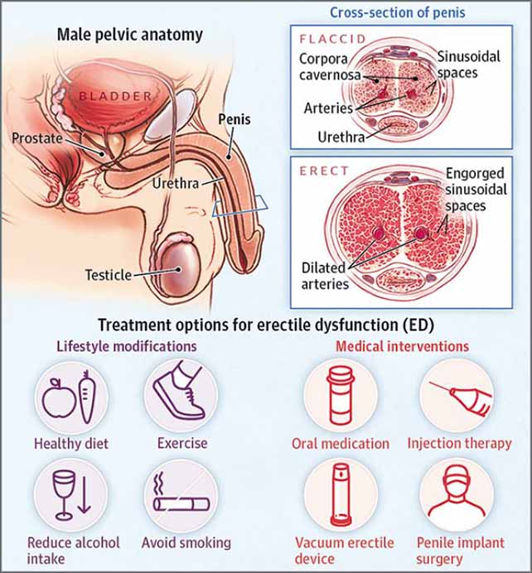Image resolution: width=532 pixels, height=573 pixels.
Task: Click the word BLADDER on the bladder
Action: [115, 97]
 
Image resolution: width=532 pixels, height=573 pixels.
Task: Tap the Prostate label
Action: [37, 138]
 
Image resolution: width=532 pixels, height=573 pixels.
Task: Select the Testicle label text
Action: [109, 275]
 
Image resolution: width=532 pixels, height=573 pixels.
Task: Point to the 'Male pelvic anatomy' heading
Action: [130, 35]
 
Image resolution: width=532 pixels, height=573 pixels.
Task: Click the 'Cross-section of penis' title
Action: [398, 12]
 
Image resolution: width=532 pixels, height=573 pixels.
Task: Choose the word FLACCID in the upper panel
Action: [333, 39]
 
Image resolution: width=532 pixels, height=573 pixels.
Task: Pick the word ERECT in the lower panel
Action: [324, 171]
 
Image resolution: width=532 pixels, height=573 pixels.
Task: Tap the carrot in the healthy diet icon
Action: [87, 397]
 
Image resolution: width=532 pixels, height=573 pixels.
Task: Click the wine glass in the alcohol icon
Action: [64, 495]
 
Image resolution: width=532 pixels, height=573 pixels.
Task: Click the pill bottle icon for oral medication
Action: [340, 396]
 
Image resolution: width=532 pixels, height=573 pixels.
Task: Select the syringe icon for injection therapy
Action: [462, 398]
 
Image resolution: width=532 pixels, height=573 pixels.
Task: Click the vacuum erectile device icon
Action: [341, 494]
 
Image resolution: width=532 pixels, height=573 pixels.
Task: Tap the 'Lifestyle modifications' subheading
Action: [127, 346]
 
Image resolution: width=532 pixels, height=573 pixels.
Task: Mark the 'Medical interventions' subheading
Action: [402, 346]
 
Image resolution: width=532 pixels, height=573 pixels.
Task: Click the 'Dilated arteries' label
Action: [325, 276]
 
